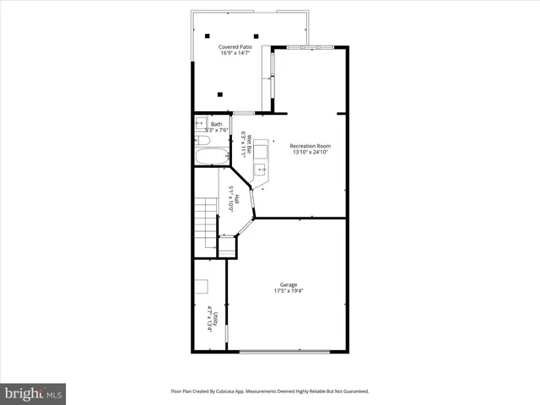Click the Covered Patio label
click(x=235, y=46)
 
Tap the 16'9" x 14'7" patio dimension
click(x=235, y=53)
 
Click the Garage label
click(x=289, y=284)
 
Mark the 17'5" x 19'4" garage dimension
click(x=289, y=291)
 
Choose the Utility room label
click(x=216, y=318)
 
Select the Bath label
click(x=217, y=124)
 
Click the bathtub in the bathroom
click(x=211, y=156)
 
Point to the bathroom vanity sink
click(x=200, y=123)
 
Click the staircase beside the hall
click(x=206, y=221)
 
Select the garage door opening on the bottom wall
click(x=283, y=352)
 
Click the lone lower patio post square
click(x=220, y=94)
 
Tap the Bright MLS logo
click(x=33, y=393)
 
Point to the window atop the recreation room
click(x=311, y=46)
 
